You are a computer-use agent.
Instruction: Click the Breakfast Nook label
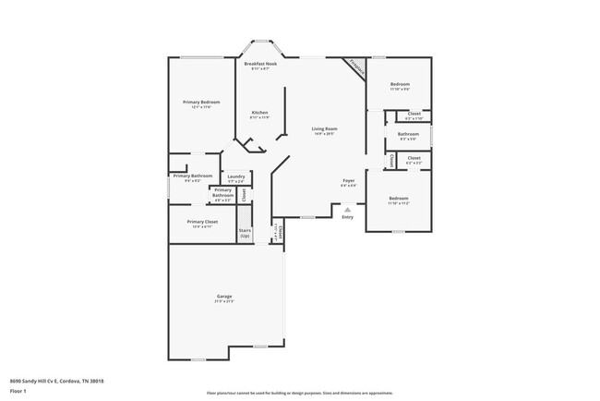(260, 64)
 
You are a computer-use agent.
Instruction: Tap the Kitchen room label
(260, 113)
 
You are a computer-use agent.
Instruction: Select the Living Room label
(323, 128)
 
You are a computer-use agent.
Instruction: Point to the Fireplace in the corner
(355, 68)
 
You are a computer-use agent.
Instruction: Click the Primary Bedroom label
(201, 102)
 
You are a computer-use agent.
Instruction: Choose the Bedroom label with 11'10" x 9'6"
(399, 84)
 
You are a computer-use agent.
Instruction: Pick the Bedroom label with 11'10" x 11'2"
(398, 199)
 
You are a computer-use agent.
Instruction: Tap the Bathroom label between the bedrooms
(409, 134)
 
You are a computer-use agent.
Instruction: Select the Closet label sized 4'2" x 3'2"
(414, 157)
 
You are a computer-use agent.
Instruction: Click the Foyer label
(349, 180)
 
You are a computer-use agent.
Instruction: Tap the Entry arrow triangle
(347, 210)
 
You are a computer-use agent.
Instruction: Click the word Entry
(347, 217)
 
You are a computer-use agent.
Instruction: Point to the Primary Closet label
(201, 222)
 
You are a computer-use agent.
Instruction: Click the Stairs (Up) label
(245, 233)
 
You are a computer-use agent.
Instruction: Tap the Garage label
(224, 296)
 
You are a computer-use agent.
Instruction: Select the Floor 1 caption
(18, 392)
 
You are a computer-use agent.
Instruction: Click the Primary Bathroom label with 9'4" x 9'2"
(192, 176)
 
